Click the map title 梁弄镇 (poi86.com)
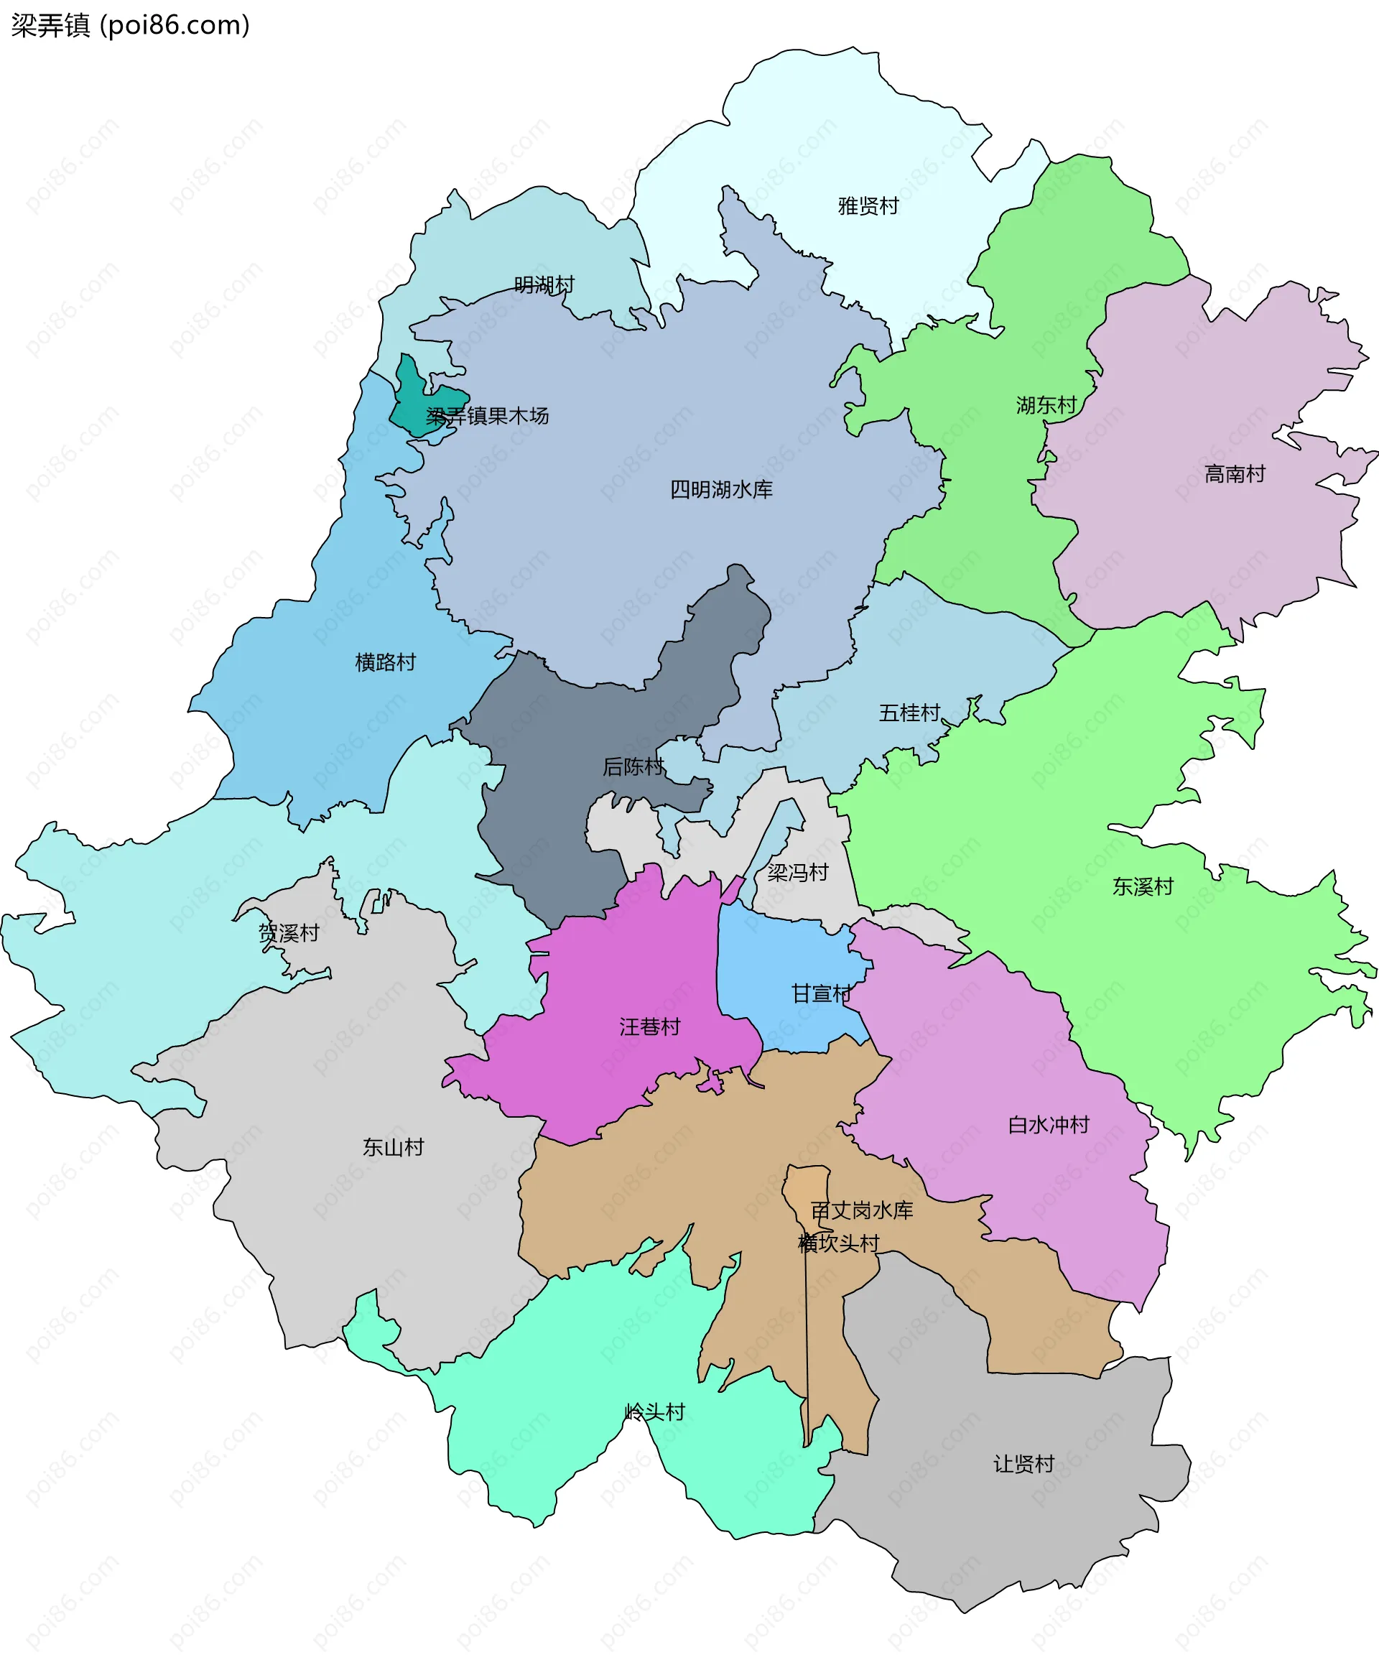pos(131,25)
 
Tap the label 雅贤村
pos(868,206)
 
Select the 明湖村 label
pos(544,284)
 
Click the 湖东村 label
pos(1046,406)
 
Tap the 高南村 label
pos(1235,473)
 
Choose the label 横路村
pos(385,662)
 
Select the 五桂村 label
pos(909,713)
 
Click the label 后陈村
pos(632,766)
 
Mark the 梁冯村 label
pos(797,873)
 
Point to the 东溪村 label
pos(1143,886)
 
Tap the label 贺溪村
pos(289,933)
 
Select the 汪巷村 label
pos(649,1027)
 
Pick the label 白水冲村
pos(1048,1125)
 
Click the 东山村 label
pos(393,1147)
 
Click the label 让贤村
pos(1023,1464)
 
